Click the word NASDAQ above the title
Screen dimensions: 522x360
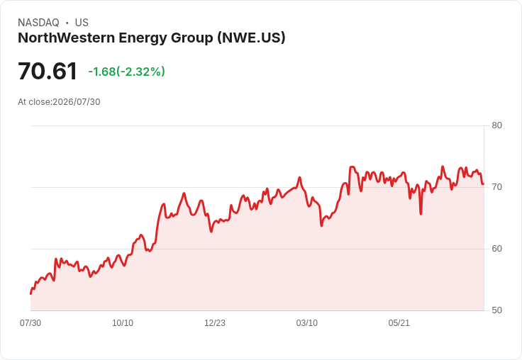38,23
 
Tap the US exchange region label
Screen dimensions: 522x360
82,23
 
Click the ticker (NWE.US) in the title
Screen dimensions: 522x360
251,38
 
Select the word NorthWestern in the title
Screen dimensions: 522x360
66,38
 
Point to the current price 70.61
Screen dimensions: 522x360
48,71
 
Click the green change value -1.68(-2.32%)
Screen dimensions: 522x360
126,72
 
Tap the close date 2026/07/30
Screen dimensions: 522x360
77,102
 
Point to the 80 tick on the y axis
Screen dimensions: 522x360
496,125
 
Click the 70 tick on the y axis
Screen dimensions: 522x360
496,187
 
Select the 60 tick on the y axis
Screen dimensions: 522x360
496,249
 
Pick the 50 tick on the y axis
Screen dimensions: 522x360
496,310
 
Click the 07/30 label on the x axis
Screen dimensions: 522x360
30,323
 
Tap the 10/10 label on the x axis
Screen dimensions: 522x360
123,323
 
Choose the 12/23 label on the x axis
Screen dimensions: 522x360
215,323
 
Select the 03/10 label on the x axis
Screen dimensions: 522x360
307,323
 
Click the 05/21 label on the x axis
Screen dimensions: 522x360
399,323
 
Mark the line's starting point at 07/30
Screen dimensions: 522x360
30,294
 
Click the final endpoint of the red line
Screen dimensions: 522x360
483,184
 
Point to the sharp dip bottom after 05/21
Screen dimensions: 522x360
421,214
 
